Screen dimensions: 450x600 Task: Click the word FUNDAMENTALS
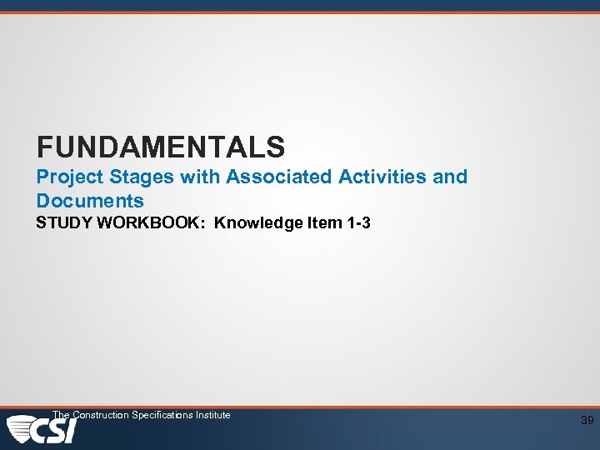click(161, 147)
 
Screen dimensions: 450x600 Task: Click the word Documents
click(90, 201)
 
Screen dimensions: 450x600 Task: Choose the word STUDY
click(62, 223)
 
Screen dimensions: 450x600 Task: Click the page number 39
click(587, 421)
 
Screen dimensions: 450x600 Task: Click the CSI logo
click(42, 430)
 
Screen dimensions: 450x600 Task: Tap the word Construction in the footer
click(101, 414)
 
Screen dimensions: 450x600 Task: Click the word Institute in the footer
click(212, 414)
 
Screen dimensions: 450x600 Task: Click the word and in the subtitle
click(451, 177)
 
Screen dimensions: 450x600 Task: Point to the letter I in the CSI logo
click(71, 431)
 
